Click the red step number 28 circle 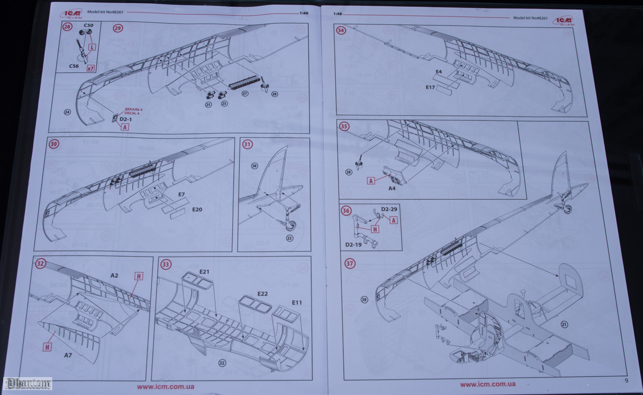click(x=67, y=27)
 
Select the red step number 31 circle click(x=247, y=144)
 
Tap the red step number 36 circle click(x=346, y=211)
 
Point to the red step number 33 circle click(x=166, y=264)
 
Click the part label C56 click(x=74, y=66)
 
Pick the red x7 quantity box click(x=91, y=68)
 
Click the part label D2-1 click(x=126, y=119)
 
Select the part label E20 click(x=197, y=209)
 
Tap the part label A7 click(x=68, y=355)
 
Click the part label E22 click(x=263, y=293)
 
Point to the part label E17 click(x=430, y=87)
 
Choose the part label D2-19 click(x=353, y=245)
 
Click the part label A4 click(x=391, y=188)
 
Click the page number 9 click(x=626, y=381)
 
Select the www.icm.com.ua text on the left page click(x=165, y=387)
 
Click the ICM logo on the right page click(x=563, y=20)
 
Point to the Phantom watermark click(x=28, y=383)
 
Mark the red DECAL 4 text click(x=133, y=111)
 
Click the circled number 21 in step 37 click(x=564, y=324)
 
